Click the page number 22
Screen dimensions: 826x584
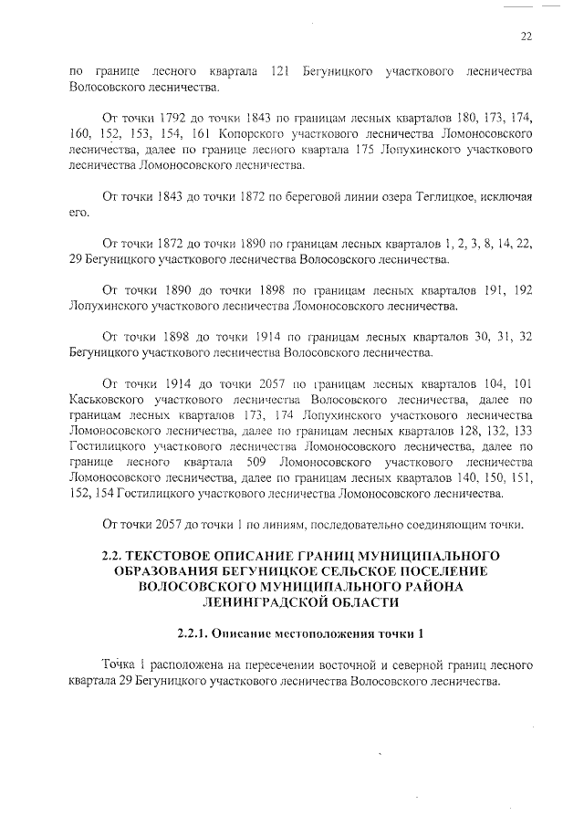(526, 37)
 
